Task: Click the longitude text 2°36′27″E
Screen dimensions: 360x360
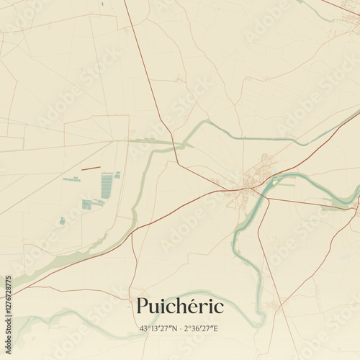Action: (201, 329)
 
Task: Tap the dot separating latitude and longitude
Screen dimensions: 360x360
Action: (180, 329)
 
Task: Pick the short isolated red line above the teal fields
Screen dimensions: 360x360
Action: (91, 168)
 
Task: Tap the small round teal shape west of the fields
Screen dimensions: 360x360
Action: (62, 221)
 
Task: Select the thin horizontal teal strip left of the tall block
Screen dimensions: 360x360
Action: (71, 179)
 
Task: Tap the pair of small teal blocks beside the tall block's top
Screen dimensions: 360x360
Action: (117, 174)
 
